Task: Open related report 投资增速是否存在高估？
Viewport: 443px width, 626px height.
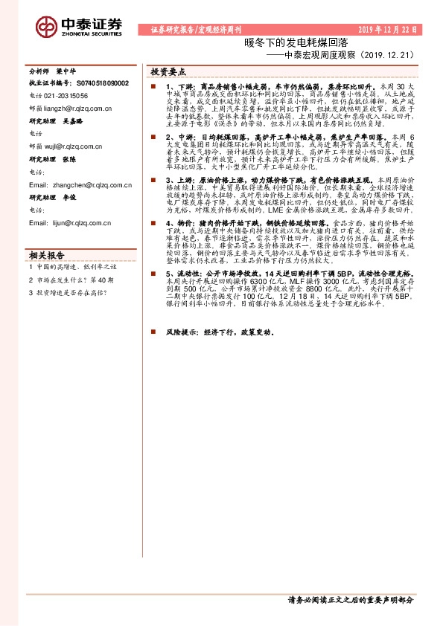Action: point(70,292)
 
